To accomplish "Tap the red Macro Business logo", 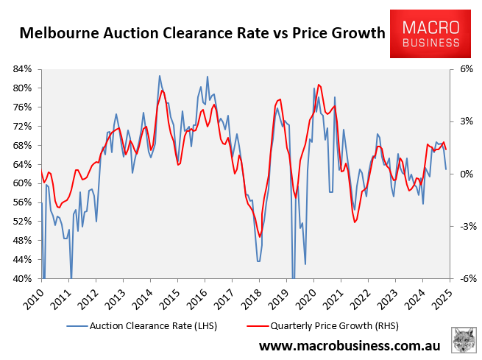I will [430, 33].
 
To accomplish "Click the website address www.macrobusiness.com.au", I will [349, 345].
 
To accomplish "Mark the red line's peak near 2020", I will [318, 85].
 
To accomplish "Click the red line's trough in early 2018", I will [260, 236].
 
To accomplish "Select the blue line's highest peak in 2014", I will [160, 75].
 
